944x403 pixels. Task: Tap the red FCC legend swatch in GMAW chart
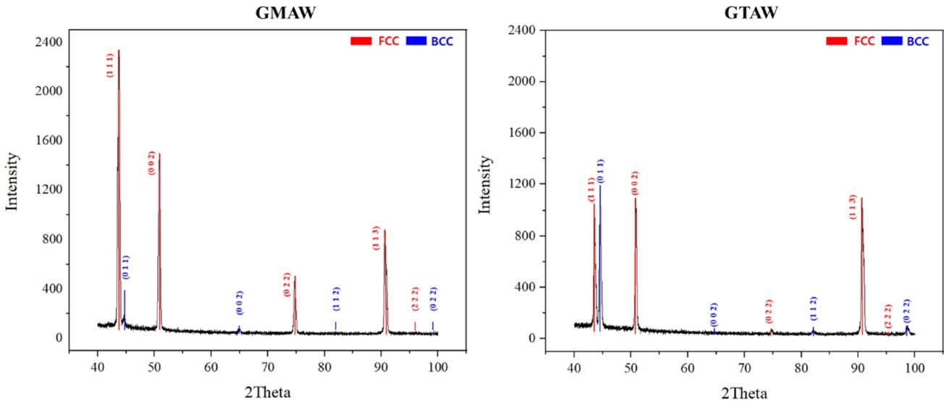358,41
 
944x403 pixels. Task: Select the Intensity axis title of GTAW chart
487,185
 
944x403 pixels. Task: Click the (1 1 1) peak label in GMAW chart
110,65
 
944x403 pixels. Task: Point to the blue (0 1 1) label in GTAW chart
601,171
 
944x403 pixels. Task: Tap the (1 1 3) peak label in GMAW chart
376,237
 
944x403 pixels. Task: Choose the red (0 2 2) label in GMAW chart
287,283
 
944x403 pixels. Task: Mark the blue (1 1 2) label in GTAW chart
814,310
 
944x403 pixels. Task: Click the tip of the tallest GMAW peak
119,51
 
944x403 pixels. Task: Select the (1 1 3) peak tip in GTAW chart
861,198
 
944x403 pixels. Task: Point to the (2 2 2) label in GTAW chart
888,317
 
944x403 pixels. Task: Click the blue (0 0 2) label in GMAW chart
240,302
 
